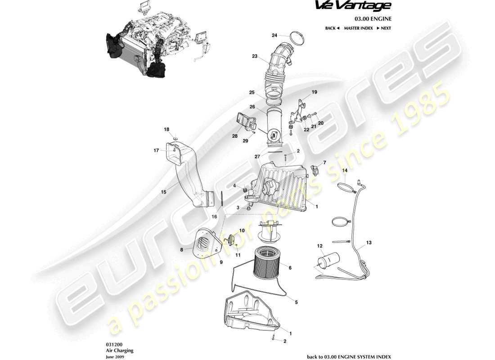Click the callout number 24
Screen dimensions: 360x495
(x=274, y=35)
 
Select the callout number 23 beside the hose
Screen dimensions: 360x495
(x=255, y=57)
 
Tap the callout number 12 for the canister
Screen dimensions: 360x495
(x=320, y=246)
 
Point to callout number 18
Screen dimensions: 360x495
(x=167, y=130)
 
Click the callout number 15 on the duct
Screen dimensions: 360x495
(x=164, y=192)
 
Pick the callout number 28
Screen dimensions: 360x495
(x=234, y=136)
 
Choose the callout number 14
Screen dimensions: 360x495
(x=345, y=171)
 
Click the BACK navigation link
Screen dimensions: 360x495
(x=332, y=28)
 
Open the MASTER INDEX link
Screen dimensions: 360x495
(x=358, y=28)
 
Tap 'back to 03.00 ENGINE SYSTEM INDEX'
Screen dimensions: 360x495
(x=349, y=357)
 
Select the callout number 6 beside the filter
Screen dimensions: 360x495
(x=290, y=268)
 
